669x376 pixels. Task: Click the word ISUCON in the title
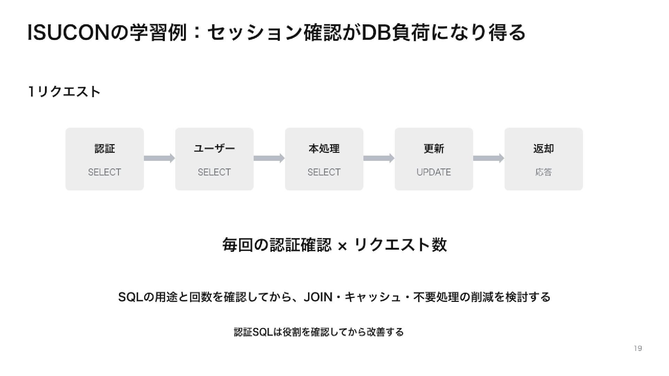68,33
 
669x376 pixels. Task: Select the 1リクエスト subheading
64,92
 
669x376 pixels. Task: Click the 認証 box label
105,149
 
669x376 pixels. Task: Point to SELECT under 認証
105,172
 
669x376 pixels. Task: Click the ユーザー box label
214,149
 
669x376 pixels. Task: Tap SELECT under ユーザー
214,172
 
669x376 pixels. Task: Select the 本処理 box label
324,149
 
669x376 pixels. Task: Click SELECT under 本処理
324,172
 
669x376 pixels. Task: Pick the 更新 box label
434,149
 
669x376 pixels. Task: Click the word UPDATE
434,172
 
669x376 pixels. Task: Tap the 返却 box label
544,149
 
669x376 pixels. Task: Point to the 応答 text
544,172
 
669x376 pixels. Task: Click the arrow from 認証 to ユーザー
159,158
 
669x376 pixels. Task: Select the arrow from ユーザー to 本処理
269,158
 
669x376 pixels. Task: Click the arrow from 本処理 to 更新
379,158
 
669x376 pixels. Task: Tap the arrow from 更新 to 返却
489,158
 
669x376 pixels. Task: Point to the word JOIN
318,297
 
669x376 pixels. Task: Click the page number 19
638,348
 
